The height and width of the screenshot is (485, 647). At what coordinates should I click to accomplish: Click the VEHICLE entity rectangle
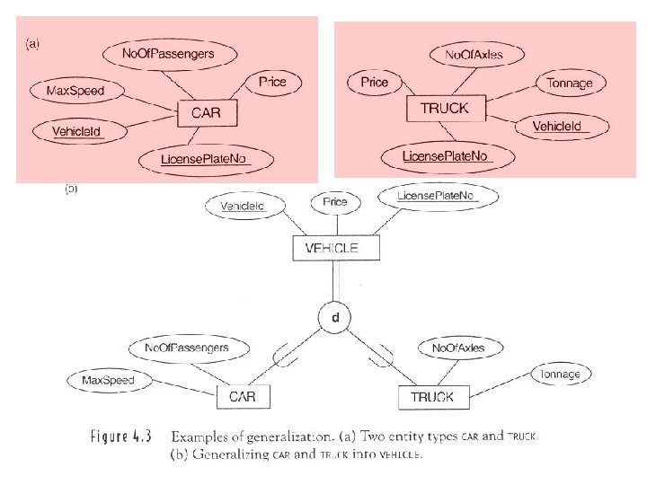pos(332,249)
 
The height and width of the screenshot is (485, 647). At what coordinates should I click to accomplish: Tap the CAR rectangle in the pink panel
pos(205,114)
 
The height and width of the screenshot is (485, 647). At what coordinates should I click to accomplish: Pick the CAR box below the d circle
pos(243,396)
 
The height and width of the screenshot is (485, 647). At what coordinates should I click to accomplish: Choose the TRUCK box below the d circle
pos(432,396)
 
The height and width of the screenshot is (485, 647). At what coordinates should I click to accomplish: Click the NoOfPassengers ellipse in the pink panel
pos(181,54)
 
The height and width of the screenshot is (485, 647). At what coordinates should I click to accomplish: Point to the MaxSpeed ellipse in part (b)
pos(108,380)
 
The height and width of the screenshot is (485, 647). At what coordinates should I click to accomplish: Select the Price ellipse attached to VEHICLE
pos(335,203)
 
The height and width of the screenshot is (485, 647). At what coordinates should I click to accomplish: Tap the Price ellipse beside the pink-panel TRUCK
pos(375,83)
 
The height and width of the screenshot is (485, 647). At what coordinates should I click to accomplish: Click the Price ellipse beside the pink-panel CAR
pos(272,83)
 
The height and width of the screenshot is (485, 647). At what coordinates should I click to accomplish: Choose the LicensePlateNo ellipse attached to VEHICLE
pos(437,196)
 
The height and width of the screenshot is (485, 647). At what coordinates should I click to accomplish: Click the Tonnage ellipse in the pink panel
pos(570,84)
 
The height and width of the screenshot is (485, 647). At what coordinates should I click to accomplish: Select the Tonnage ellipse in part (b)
pos(560,374)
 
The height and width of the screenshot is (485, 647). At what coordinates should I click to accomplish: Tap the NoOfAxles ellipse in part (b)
pos(458,348)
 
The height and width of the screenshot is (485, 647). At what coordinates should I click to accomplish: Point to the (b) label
pos(71,190)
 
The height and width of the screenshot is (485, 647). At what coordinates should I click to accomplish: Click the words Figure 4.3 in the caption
pos(121,436)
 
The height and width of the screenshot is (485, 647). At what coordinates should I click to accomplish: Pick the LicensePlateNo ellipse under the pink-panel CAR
pos(204,159)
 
